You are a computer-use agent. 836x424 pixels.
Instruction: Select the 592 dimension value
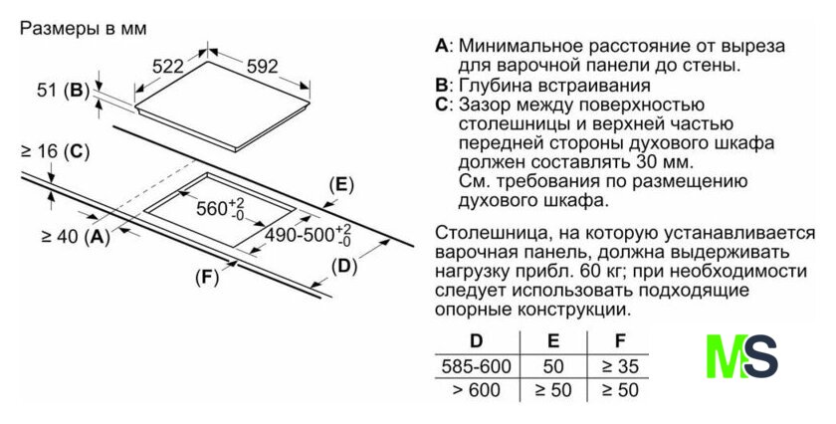(261, 67)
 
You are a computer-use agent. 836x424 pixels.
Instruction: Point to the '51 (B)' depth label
(62, 91)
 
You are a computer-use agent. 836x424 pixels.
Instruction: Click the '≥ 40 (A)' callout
(75, 237)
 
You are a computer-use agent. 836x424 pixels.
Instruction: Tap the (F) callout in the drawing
(206, 277)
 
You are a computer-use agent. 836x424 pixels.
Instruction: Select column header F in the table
(620, 340)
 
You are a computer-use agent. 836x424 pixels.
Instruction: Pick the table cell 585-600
(476, 365)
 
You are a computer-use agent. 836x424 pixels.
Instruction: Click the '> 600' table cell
(476, 390)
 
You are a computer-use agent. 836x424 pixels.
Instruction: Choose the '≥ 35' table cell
(619, 365)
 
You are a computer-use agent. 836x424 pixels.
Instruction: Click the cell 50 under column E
(553, 365)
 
